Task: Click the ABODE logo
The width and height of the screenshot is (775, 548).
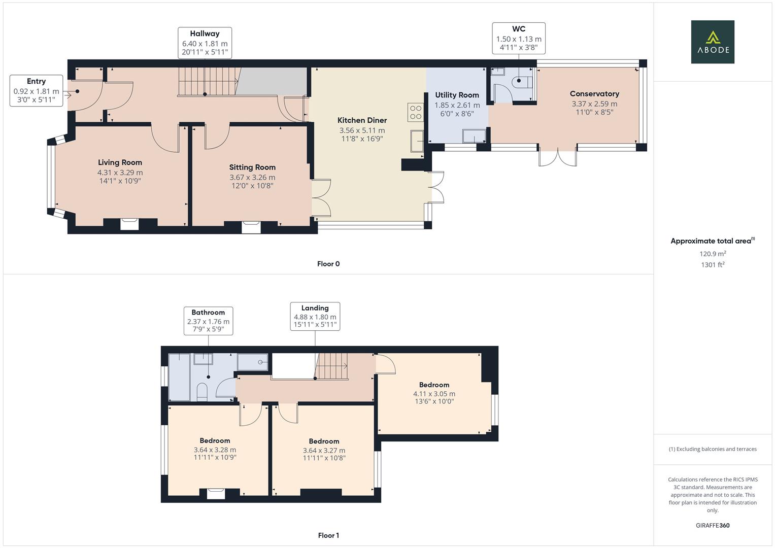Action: pyautogui.click(x=712, y=42)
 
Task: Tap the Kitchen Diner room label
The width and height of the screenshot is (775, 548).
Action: pyautogui.click(x=362, y=120)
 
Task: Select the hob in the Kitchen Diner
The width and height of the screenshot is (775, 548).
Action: pyautogui.click(x=415, y=112)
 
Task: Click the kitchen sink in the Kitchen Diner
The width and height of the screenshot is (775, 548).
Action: pyautogui.click(x=418, y=141)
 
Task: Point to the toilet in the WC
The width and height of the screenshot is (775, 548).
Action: pyautogui.click(x=522, y=82)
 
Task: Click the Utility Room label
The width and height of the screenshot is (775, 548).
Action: pyautogui.click(x=457, y=95)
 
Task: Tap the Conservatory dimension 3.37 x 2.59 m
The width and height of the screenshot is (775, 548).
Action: pyautogui.click(x=594, y=104)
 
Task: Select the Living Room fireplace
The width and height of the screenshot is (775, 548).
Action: pyautogui.click(x=129, y=224)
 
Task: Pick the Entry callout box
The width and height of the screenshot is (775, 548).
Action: pyautogui.click(x=37, y=91)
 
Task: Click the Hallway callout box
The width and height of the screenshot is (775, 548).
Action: pyautogui.click(x=205, y=42)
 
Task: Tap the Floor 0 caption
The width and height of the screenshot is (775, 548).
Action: pyautogui.click(x=328, y=264)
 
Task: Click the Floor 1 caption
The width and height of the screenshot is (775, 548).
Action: pyautogui.click(x=328, y=535)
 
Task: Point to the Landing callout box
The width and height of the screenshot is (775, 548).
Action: pyautogui.click(x=315, y=316)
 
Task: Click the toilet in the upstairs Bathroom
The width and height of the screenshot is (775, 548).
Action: pyautogui.click(x=202, y=392)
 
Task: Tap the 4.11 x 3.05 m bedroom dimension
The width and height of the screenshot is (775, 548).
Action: pyautogui.click(x=434, y=394)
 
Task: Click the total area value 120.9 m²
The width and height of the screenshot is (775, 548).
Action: pyautogui.click(x=713, y=254)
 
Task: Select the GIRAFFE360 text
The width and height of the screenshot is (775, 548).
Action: pyautogui.click(x=712, y=525)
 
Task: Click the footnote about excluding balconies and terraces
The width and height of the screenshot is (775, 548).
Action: pyautogui.click(x=713, y=449)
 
